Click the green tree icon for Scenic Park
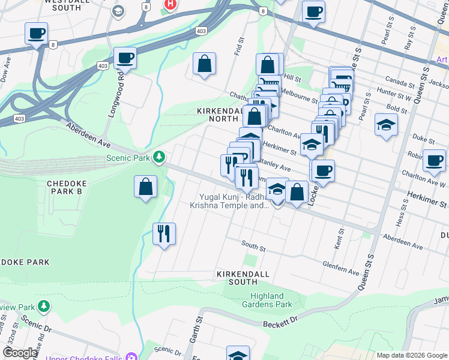[159, 157]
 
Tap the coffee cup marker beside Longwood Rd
[125, 58]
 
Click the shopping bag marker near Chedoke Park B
[145, 187]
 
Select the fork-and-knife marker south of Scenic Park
[164, 232]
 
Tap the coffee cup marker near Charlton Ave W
[433, 160]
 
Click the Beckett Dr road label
[280, 323]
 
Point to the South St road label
[253, 244]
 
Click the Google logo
[20, 353]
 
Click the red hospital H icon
[170, 4]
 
